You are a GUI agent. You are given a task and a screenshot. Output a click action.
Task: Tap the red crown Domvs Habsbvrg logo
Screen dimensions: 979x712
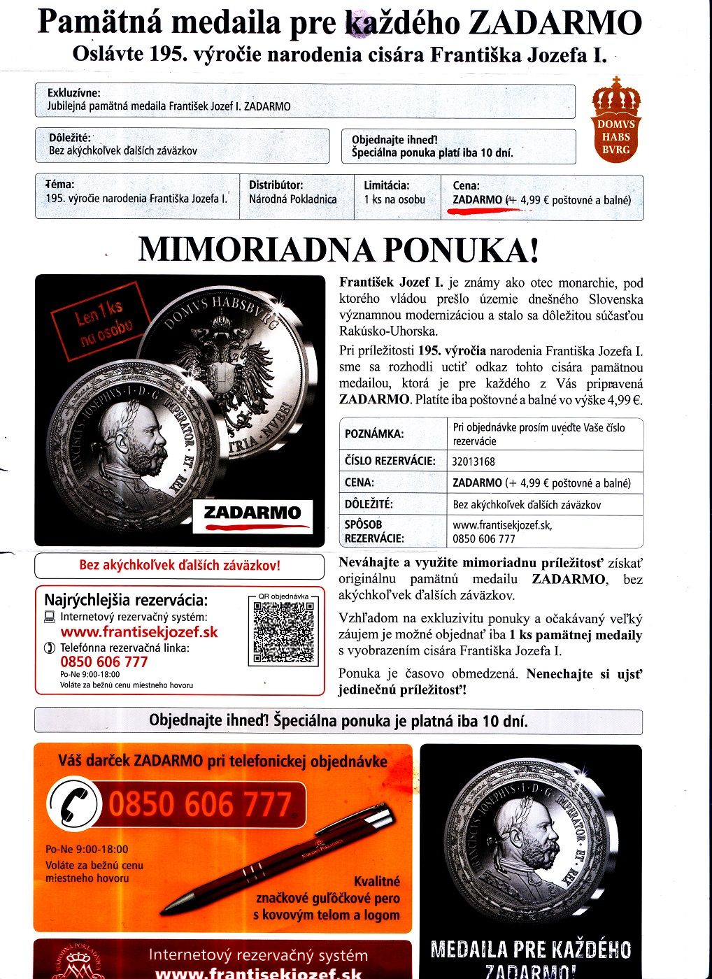(615, 120)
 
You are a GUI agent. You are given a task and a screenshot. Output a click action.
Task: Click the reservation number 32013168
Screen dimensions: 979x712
(474, 462)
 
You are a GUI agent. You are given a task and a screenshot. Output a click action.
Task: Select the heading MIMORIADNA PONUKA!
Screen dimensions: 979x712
(339, 250)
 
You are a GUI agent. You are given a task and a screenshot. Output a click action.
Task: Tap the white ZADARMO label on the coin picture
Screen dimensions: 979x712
(252, 513)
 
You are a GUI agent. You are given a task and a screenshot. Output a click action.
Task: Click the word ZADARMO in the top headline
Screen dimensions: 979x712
(554, 22)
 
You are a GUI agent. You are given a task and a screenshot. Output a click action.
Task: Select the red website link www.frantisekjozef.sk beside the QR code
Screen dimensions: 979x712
(139, 632)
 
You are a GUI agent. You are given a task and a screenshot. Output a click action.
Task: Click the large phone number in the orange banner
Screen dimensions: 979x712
(200, 804)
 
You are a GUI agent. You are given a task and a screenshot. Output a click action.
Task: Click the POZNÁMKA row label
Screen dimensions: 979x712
(374, 434)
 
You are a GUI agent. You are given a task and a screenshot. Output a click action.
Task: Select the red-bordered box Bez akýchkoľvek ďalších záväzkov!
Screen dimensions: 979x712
(179, 566)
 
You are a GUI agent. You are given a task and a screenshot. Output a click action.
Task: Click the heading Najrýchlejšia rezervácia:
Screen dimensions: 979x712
(126, 600)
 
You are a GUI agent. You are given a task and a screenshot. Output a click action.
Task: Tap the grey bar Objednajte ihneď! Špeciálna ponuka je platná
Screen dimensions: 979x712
(339, 721)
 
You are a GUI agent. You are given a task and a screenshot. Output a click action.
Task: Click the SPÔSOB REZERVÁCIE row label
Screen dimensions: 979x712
(374, 531)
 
